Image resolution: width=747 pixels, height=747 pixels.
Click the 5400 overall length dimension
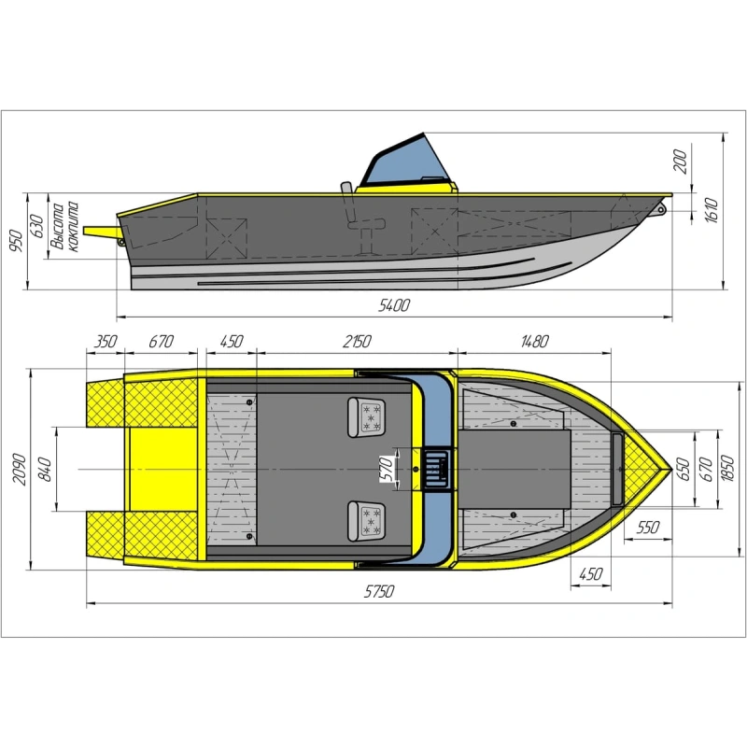[x=393, y=305]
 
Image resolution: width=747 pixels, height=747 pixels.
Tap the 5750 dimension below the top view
[x=379, y=591]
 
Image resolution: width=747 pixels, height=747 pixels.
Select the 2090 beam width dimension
[x=19, y=470]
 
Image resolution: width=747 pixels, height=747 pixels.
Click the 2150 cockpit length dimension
[x=357, y=342]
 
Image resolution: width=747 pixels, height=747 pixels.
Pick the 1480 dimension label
[x=534, y=342]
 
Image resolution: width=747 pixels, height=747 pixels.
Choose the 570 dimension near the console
[x=388, y=469]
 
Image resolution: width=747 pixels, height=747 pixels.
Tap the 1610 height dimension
[x=711, y=211]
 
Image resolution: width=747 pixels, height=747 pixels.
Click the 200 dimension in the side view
[x=682, y=161]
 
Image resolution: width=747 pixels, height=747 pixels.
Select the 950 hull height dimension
[x=16, y=241]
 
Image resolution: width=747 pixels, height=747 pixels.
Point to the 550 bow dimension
[x=648, y=528]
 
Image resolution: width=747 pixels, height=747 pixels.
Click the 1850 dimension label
[x=727, y=469]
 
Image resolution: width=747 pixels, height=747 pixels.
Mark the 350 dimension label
[x=106, y=342]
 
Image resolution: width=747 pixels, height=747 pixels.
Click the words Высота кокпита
[x=64, y=227]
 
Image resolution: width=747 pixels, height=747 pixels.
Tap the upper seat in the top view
[x=366, y=417]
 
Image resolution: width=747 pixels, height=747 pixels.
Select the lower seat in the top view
[x=366, y=521]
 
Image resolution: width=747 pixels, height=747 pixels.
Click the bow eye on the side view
[x=660, y=208]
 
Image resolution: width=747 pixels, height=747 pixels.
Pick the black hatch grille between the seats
[x=435, y=470]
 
